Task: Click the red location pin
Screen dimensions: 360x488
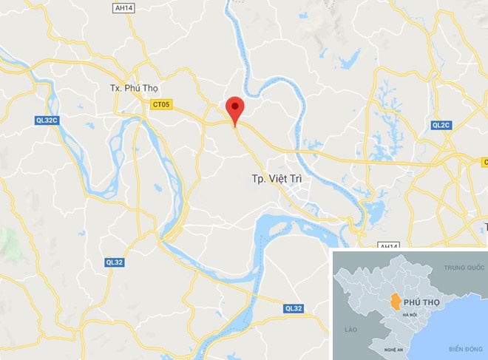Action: coord(235,110)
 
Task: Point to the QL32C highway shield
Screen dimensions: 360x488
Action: coord(46,120)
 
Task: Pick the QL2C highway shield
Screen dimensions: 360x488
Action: coord(441,125)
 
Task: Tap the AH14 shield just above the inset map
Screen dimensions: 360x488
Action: coord(388,245)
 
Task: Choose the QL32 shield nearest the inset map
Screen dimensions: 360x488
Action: coord(294,308)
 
